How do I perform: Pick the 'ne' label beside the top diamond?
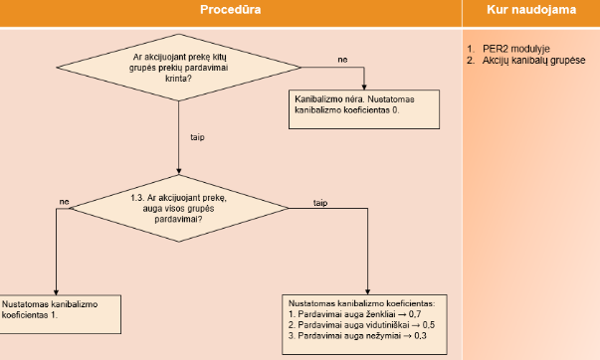coord(342,62)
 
